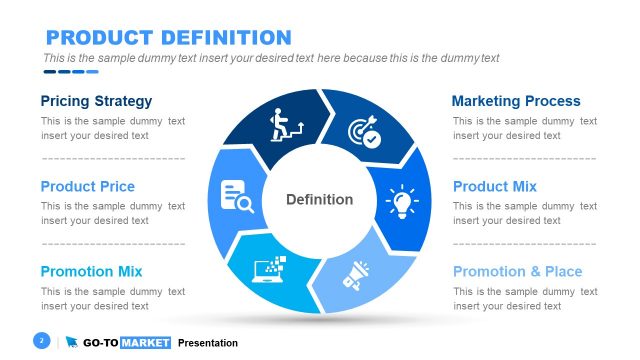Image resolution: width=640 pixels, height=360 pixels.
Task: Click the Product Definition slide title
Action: [169, 38]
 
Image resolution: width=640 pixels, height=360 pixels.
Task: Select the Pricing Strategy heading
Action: [96, 101]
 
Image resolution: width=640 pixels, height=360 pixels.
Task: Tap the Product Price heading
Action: [87, 186]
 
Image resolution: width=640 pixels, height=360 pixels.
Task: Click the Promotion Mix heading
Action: [91, 271]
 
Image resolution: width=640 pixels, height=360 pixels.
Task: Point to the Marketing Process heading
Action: [516, 101]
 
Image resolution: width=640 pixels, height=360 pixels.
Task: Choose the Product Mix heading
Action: [495, 186]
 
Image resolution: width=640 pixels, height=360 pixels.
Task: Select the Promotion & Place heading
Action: [517, 271]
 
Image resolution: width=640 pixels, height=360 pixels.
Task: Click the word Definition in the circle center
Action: [319, 199]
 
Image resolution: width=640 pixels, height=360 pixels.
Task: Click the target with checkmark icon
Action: [363, 133]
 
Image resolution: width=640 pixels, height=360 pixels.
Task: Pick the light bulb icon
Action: [401, 200]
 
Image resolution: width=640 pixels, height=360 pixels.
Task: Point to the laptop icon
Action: [274, 269]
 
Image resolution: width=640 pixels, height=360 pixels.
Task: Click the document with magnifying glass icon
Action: [237, 196]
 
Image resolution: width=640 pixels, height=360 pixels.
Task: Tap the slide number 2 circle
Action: [42, 342]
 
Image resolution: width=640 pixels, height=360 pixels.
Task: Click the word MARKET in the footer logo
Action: [145, 343]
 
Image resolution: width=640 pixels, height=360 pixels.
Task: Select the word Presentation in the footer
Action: [208, 343]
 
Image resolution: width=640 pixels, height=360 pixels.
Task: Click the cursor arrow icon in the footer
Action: [72, 343]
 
